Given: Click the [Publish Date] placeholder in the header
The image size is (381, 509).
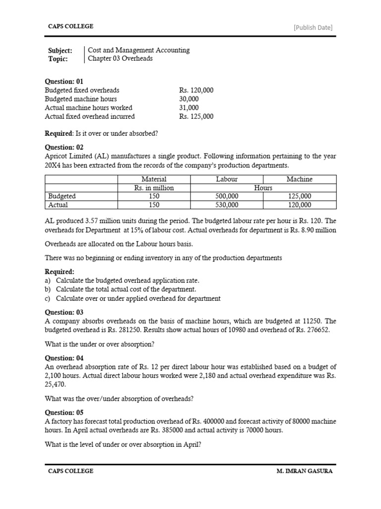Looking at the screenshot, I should (313, 27).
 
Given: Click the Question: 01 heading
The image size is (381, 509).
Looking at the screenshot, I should (64, 81).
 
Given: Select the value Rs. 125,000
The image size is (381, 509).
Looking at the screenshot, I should (196, 117).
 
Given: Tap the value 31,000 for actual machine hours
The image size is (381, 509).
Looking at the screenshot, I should (189, 108).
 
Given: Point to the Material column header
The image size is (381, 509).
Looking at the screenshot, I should (154, 179).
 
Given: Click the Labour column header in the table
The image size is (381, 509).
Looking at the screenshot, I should (227, 179).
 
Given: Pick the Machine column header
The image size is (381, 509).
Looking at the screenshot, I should (300, 179).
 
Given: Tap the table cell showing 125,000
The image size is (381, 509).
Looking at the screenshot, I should (299, 196).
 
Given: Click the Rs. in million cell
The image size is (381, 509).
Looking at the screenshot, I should (154, 188).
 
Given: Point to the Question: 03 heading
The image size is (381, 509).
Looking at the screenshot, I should (64, 312).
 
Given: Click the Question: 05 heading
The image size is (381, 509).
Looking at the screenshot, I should (64, 413).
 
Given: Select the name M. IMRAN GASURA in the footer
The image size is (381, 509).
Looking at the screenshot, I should (305, 471).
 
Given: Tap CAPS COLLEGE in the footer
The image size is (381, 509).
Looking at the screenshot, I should (70, 471).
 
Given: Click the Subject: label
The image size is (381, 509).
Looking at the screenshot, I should (60, 50).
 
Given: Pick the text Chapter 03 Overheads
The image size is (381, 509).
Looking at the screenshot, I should (121, 59).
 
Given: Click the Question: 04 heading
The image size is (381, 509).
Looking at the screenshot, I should (64, 358).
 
